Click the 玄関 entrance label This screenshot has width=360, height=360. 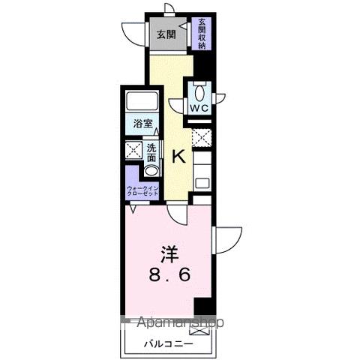coord(166,34)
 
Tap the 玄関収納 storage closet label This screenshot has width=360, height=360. coord(202,34)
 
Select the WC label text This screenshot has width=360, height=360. coord(199,108)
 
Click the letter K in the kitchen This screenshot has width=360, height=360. coord(178,157)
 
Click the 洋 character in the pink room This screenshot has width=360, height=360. coord(169,251)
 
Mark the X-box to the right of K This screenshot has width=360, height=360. coord(202,138)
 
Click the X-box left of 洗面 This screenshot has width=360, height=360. coord(133,149)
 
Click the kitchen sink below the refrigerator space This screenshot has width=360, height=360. coord(202,182)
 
